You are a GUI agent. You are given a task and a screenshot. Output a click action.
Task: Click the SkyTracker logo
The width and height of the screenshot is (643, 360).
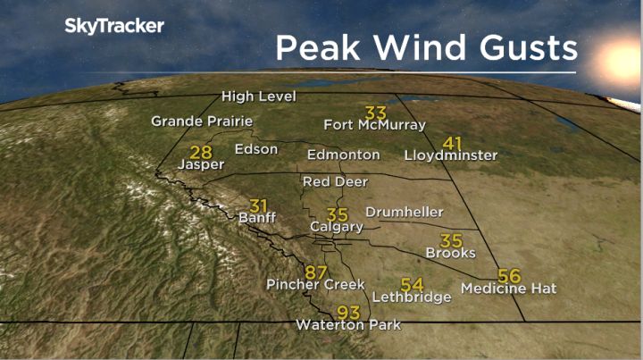113,26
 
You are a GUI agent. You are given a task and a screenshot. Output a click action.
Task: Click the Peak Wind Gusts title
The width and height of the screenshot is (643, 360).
425,46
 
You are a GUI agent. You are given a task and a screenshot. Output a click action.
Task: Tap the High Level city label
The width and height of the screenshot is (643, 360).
259,96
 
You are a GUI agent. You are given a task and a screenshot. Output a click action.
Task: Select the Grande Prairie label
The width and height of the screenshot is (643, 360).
202,121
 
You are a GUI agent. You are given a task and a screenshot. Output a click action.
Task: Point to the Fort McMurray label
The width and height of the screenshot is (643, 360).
374,125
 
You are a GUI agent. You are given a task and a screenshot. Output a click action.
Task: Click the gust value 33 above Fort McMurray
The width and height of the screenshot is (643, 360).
376,112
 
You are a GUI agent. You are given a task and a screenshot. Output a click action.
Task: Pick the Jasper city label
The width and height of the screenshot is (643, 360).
200,165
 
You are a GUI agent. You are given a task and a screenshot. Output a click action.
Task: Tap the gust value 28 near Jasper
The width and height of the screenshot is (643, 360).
201,152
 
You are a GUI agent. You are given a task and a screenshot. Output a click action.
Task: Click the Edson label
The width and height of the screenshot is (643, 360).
256,149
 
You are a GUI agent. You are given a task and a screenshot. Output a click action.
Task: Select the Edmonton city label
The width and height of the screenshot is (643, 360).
345,155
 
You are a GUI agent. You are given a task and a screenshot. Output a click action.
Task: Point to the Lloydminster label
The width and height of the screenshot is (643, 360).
450,155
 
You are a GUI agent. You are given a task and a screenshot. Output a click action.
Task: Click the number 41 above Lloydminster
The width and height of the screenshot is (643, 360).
453,142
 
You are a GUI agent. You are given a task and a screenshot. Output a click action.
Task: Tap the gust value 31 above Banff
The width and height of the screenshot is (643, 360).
259,205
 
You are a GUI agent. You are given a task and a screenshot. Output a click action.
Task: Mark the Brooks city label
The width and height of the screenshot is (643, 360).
450,254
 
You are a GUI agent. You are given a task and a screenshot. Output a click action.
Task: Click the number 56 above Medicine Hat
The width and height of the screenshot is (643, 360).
509,275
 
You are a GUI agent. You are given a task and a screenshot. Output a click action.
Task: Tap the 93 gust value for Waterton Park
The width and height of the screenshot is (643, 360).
348,313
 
